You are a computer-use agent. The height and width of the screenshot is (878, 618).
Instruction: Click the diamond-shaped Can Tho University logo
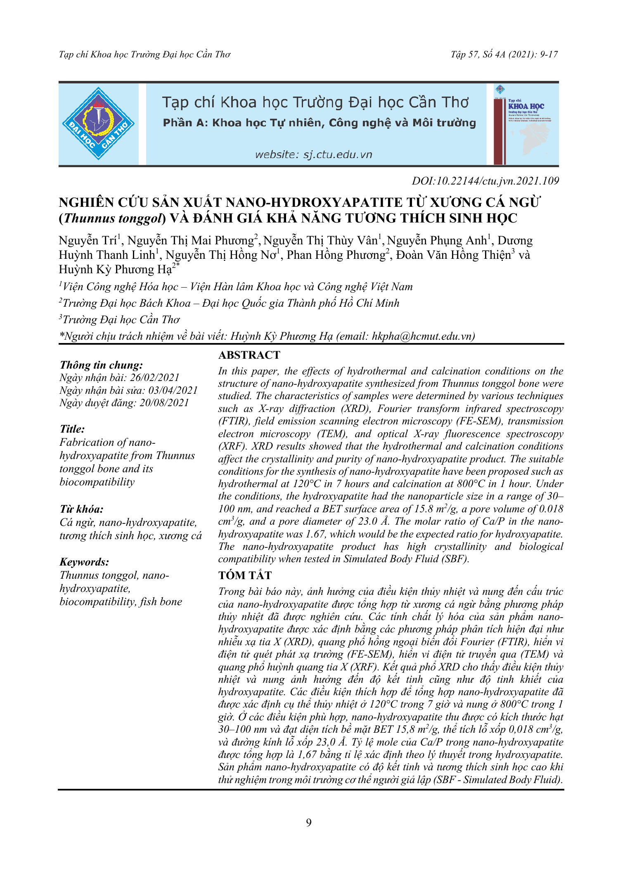98,123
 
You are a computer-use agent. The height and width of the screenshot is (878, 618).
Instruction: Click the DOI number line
485,181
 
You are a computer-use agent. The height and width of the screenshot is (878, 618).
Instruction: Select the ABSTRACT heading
249,355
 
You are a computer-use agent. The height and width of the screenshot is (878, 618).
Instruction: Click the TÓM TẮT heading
245,575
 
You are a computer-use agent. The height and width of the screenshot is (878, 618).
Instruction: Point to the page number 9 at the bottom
309,823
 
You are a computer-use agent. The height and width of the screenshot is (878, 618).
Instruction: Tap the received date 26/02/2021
155,377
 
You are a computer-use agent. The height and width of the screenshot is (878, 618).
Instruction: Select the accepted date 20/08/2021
164,403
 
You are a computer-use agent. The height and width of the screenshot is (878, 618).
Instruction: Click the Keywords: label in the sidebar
84,562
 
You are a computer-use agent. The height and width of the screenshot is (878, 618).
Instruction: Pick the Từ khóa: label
81,509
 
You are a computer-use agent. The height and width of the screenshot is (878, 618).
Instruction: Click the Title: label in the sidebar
72,429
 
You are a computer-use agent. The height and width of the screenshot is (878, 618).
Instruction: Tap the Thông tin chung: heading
101,365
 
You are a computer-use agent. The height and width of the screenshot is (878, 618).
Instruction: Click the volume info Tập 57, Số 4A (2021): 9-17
504,54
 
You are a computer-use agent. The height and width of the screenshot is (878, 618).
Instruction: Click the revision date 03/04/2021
173,390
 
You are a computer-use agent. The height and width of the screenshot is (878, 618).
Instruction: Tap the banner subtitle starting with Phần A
319,123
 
